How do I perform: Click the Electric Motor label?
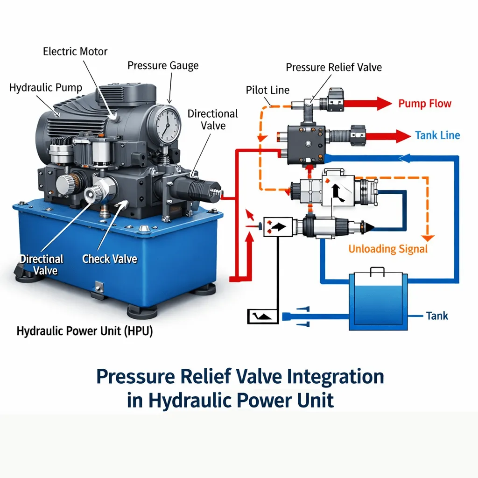point(75,51)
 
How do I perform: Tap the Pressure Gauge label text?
point(163,65)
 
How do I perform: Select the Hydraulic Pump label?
point(46,87)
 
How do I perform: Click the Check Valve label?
point(110,259)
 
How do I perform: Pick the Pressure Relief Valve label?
point(334,67)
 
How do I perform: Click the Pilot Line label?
point(267,90)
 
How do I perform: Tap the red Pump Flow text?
point(425,103)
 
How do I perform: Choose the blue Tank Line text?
point(437,135)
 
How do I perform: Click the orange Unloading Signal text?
point(388,249)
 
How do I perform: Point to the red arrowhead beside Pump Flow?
point(384,104)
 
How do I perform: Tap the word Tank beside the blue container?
point(437,316)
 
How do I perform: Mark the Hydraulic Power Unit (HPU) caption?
point(85,331)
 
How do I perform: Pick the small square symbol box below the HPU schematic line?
point(262,316)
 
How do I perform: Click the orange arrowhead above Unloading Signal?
point(427,237)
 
